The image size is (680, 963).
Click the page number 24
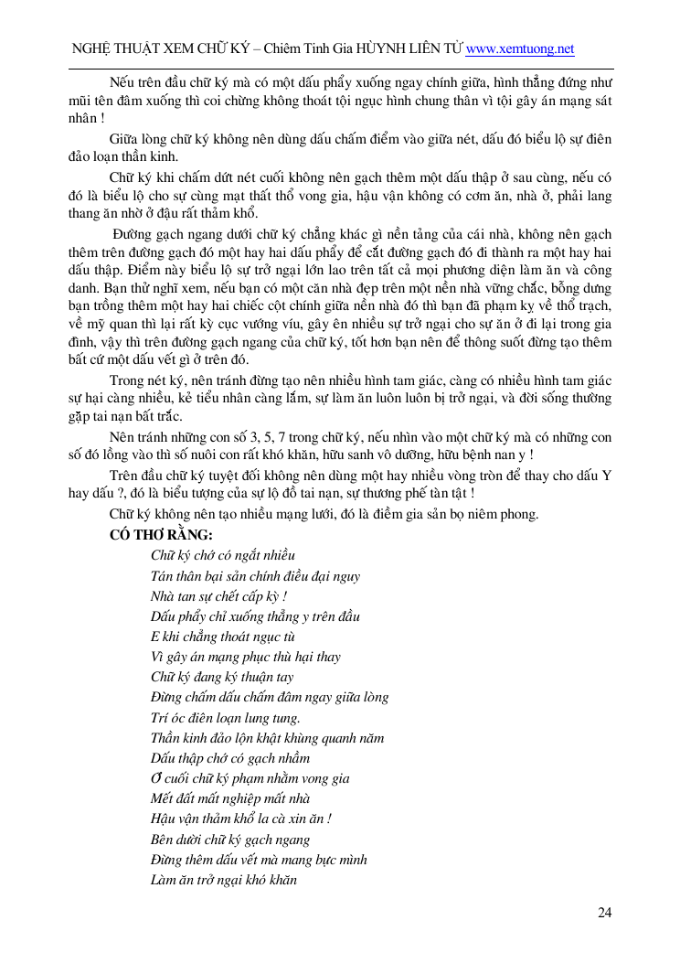(x=604, y=912)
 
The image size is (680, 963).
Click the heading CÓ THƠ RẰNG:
(x=161, y=534)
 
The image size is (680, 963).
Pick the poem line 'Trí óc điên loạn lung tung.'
(x=225, y=718)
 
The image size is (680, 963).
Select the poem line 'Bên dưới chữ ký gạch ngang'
(x=230, y=840)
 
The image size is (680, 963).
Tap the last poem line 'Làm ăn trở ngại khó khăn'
(x=223, y=881)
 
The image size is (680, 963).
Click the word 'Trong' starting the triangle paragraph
(x=127, y=380)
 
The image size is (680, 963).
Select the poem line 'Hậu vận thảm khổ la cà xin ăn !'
(x=240, y=819)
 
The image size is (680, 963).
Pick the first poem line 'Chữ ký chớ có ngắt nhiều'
(x=223, y=555)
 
